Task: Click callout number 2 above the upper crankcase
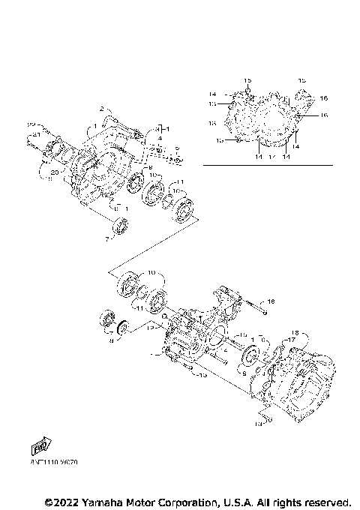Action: tap(101, 109)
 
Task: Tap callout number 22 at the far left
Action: tap(31, 124)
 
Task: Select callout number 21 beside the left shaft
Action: tap(35, 134)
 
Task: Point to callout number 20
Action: tap(54, 172)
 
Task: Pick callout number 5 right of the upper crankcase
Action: tap(177, 148)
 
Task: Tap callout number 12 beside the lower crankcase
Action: tap(151, 327)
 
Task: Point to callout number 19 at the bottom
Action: tap(257, 423)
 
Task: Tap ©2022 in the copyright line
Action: tap(61, 501)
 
